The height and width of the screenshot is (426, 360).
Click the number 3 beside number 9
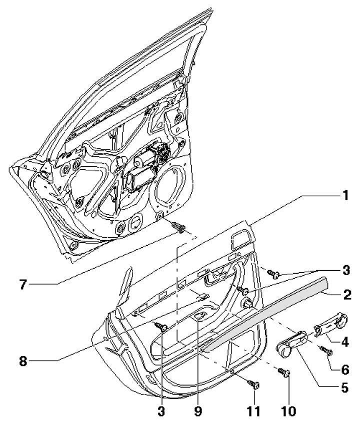click(163, 412)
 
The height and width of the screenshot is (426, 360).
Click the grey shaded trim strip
click(265, 315)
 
